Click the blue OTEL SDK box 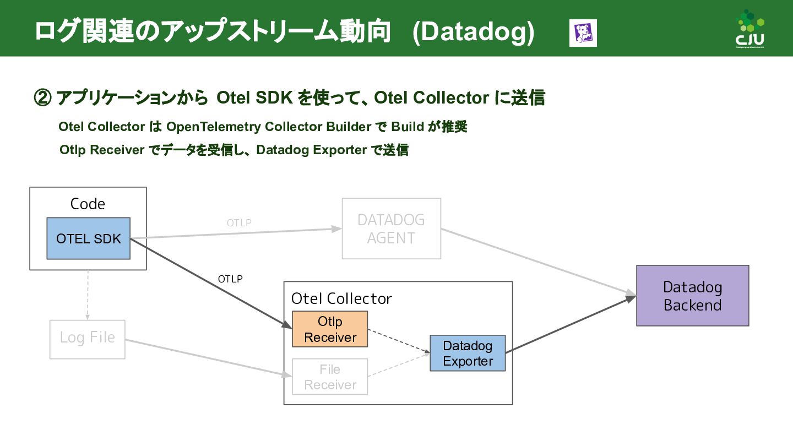[x=88, y=238]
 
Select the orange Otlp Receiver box [x=330, y=329]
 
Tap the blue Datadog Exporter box [x=468, y=353]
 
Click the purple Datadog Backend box [x=692, y=296]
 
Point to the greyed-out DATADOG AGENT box [x=391, y=229]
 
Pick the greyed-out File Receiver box [x=330, y=377]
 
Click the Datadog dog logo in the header [x=583, y=33]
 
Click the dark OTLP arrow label [x=230, y=279]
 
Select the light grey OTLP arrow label [x=239, y=223]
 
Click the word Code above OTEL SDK [x=88, y=204]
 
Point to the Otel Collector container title [x=341, y=298]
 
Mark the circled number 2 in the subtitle [x=43, y=98]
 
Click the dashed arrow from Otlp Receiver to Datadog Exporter [x=398, y=341]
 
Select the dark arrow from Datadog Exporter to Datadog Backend [x=570, y=324]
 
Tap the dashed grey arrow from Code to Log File [x=88, y=295]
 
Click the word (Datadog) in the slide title [x=473, y=32]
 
